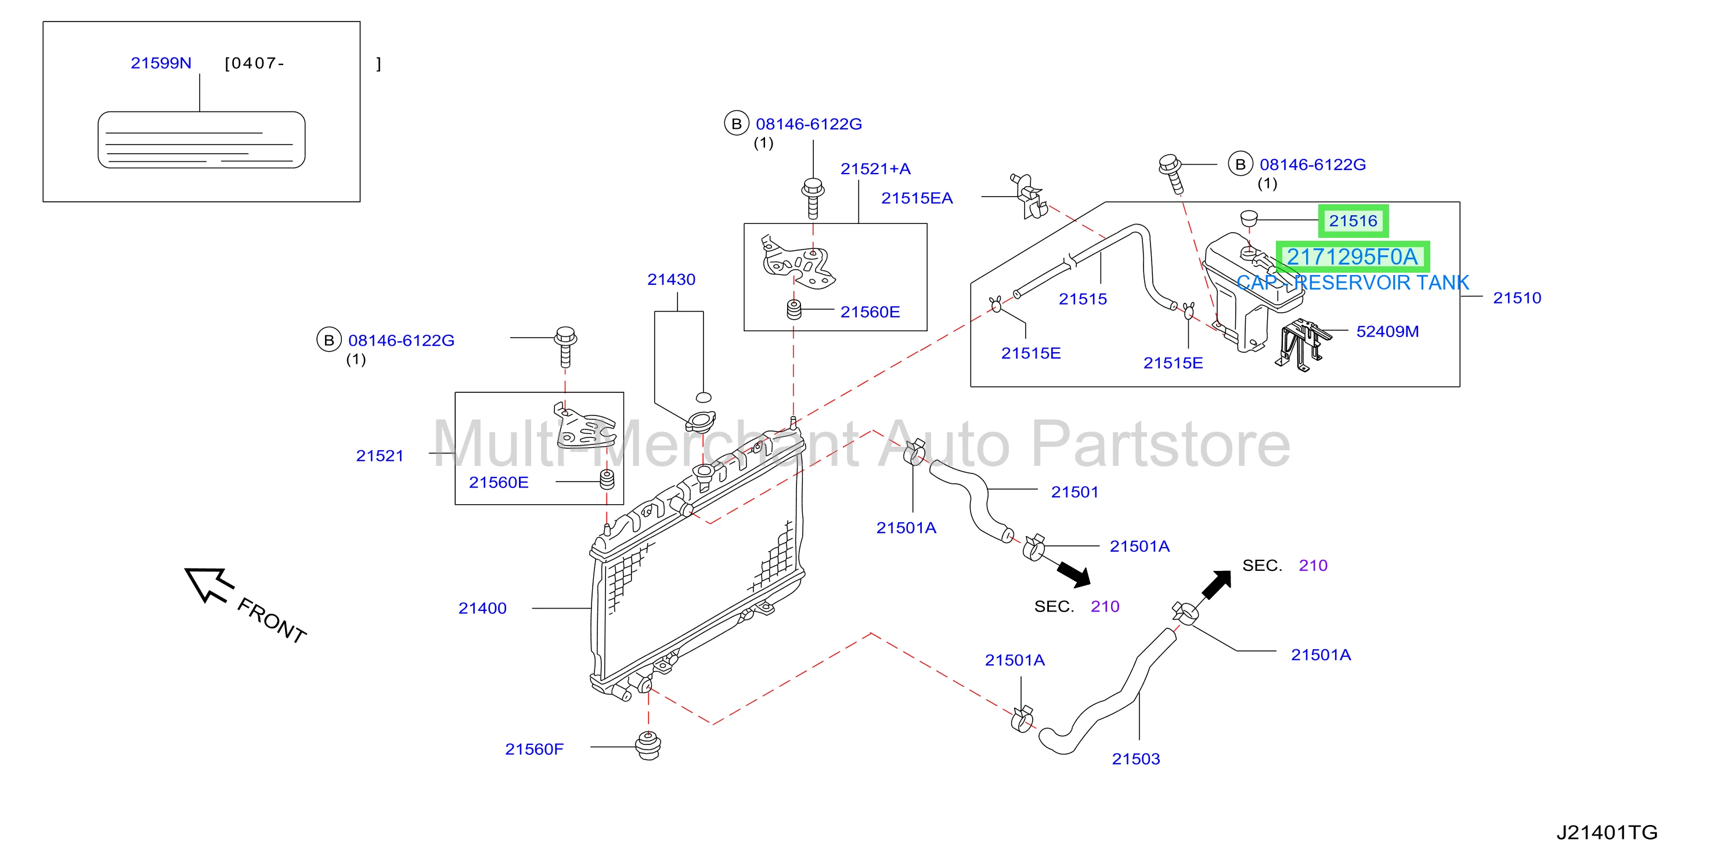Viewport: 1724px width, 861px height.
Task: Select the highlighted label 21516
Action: [x=1353, y=221]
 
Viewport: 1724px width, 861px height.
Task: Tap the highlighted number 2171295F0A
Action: [x=1352, y=257]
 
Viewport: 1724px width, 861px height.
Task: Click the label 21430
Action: [x=671, y=280]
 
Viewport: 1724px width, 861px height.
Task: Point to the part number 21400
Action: [x=482, y=608]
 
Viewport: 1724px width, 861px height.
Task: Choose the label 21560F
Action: [x=534, y=749]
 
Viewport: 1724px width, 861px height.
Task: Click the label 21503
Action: [x=1136, y=759]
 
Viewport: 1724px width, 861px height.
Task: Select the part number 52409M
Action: [x=1387, y=331]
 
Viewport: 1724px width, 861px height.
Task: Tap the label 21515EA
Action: [x=917, y=198]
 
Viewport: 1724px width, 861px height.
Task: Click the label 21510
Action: [x=1517, y=298]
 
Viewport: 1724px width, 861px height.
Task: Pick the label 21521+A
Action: [x=875, y=169]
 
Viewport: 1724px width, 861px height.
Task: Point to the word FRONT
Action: [x=272, y=620]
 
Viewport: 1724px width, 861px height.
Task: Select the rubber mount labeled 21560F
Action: [x=648, y=746]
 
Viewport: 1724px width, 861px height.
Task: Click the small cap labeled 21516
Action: [x=1249, y=218]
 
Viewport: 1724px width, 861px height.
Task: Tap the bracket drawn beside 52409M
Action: [x=1301, y=344]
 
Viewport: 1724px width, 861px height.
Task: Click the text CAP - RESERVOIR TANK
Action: [x=1352, y=283]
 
